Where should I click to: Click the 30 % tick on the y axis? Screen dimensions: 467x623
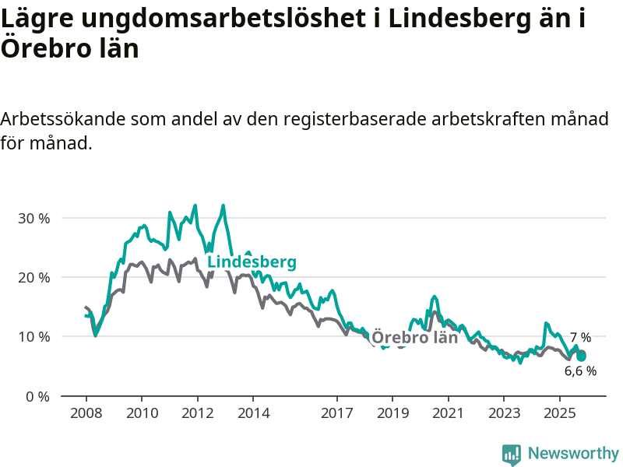33,218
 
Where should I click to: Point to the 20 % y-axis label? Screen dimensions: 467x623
33,277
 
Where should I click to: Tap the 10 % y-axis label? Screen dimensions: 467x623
33,337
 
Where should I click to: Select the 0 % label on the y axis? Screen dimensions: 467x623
37,396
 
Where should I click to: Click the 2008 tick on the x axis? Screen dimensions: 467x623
86,412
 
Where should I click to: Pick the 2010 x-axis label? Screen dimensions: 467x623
142,412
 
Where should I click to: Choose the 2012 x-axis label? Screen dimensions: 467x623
197,412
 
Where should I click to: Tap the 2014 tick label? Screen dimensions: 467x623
253,412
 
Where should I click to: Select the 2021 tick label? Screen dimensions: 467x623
449,412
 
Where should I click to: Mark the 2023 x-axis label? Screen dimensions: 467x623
504,412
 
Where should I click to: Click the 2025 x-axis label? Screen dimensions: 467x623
560,412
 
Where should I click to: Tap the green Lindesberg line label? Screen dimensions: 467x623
252,262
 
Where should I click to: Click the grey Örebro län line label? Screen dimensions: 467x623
414,338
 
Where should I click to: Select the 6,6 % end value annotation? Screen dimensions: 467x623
580,371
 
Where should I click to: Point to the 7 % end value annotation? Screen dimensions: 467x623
580,338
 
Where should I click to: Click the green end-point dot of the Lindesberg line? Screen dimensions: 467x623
581,356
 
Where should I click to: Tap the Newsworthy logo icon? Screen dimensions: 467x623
512,455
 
